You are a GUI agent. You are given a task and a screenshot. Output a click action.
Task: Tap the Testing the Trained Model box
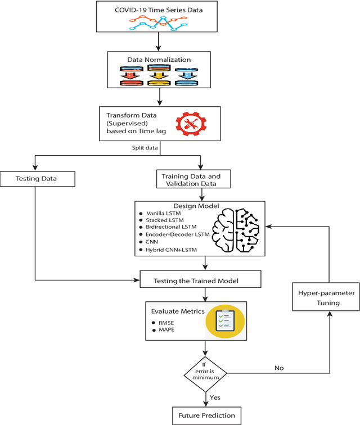[x=200, y=279]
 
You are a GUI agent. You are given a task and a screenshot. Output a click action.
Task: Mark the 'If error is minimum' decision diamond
[x=205, y=372]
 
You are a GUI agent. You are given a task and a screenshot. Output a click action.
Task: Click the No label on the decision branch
[x=279, y=368]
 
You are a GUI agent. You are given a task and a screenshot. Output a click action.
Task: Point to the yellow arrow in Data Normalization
[x=160, y=75]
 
